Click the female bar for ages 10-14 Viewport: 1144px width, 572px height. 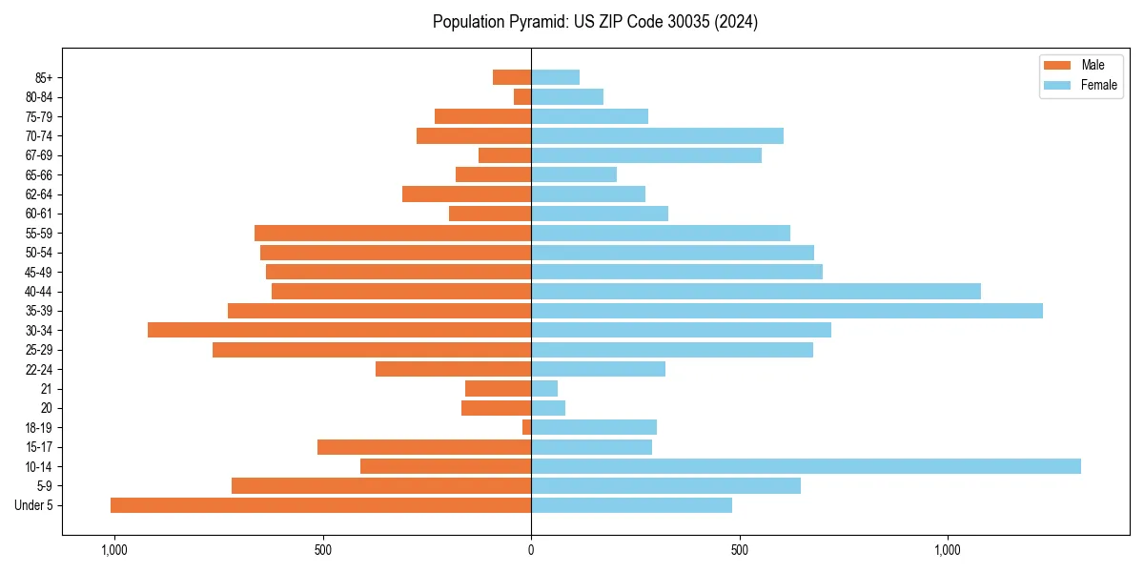806,466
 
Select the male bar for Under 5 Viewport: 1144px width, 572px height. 320,505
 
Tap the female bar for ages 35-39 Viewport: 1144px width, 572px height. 786,311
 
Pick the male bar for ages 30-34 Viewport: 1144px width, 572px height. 339,330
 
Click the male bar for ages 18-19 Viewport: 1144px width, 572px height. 527,427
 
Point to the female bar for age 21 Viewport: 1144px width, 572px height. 544,388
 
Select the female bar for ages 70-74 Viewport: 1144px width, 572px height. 657,136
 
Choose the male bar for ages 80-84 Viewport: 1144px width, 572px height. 522,97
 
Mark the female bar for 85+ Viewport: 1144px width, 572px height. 555,77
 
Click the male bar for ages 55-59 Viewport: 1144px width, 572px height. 393,234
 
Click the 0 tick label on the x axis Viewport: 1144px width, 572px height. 531,550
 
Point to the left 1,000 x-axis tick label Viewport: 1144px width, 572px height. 113,550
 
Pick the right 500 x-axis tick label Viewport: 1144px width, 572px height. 739,550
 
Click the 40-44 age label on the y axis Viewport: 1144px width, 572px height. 38,292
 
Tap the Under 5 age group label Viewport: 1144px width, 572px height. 34,505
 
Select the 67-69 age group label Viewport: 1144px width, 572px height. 38,155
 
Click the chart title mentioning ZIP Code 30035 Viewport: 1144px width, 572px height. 595,22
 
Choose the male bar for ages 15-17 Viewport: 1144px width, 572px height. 424,447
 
